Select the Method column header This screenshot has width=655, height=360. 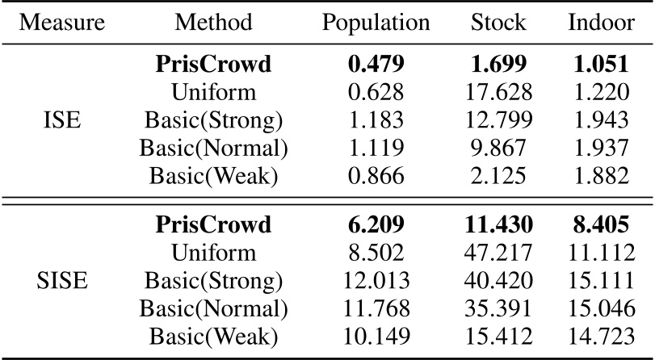point(213,22)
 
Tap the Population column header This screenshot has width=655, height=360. point(376,22)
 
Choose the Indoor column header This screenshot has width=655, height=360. point(601,22)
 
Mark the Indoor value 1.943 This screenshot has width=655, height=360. point(601,121)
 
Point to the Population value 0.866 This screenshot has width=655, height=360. point(376,176)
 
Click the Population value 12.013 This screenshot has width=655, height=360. point(376,283)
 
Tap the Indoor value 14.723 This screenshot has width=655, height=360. point(601,337)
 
